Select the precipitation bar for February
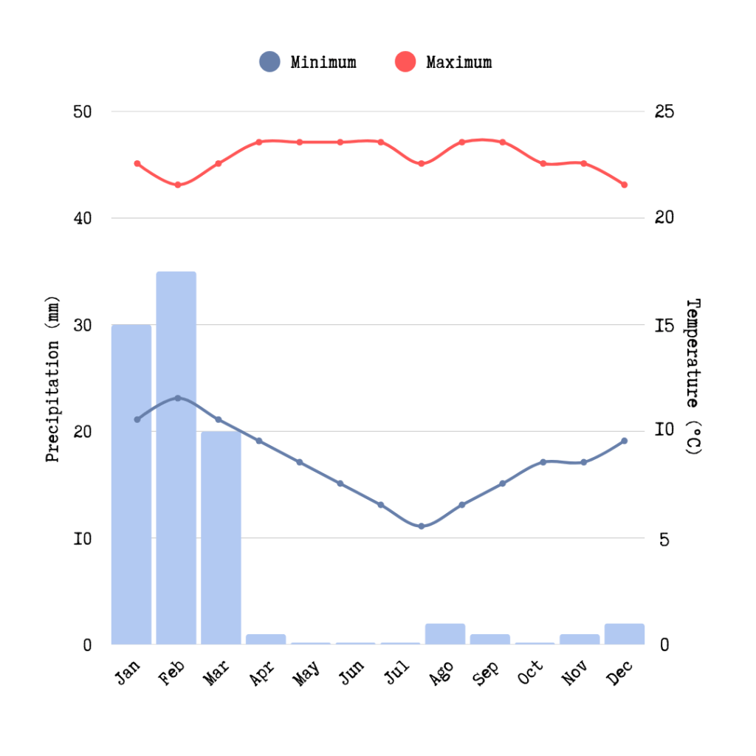pos(176,458)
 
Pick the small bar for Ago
pos(444,634)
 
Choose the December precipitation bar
pos(624,634)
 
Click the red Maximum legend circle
pos(405,62)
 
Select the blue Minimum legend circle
pos(269,62)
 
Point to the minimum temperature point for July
pos(422,526)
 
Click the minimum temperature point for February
pos(178,398)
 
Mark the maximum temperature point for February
pos(178,185)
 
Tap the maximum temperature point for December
pos(624,185)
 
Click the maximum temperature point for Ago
pos(462,142)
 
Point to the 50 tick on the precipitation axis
pos(82,112)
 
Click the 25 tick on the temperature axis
pos(664,112)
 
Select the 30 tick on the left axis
pos(82,326)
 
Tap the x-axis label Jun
pos(352,672)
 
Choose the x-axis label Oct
pos(531,672)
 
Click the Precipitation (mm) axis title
pos(52,378)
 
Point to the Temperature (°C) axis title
pos(693,377)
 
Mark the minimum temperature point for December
pos(624,441)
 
